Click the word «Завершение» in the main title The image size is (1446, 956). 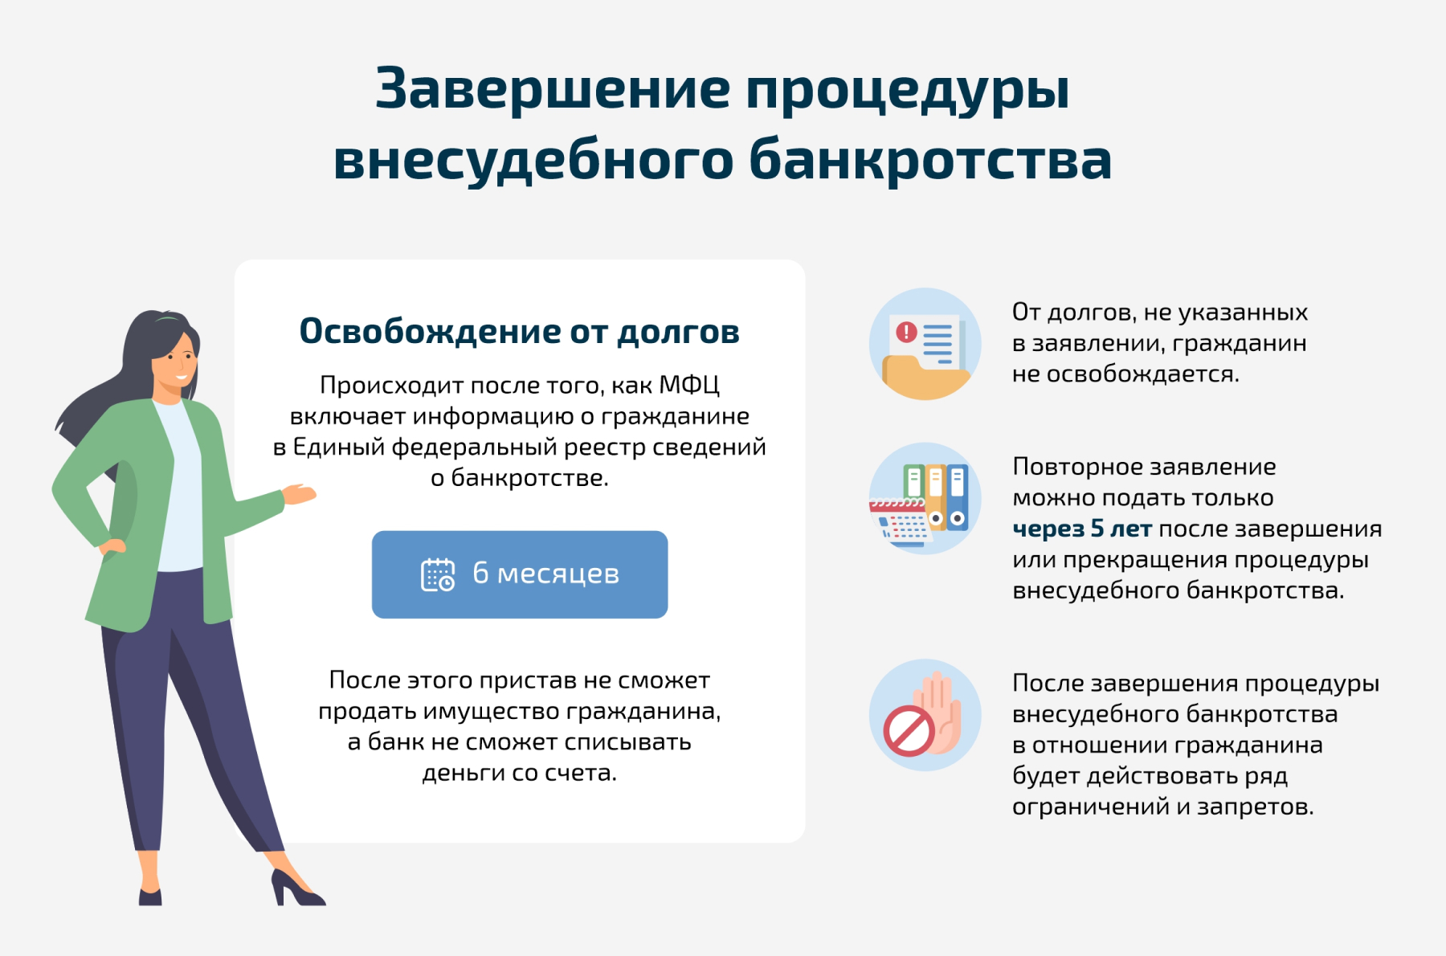(x=553, y=88)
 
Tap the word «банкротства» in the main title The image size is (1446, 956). (x=930, y=159)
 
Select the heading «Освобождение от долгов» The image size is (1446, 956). (x=519, y=331)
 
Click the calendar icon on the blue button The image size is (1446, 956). (x=438, y=574)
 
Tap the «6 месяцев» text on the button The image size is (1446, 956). (x=546, y=574)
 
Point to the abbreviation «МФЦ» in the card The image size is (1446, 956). (x=688, y=386)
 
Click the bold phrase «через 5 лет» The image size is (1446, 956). (x=1082, y=529)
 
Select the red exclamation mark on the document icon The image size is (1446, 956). (x=906, y=332)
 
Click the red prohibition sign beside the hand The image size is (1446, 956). (x=909, y=731)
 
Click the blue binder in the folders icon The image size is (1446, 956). (x=957, y=497)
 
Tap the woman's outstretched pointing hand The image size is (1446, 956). (x=299, y=494)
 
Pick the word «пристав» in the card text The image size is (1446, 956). (x=528, y=681)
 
